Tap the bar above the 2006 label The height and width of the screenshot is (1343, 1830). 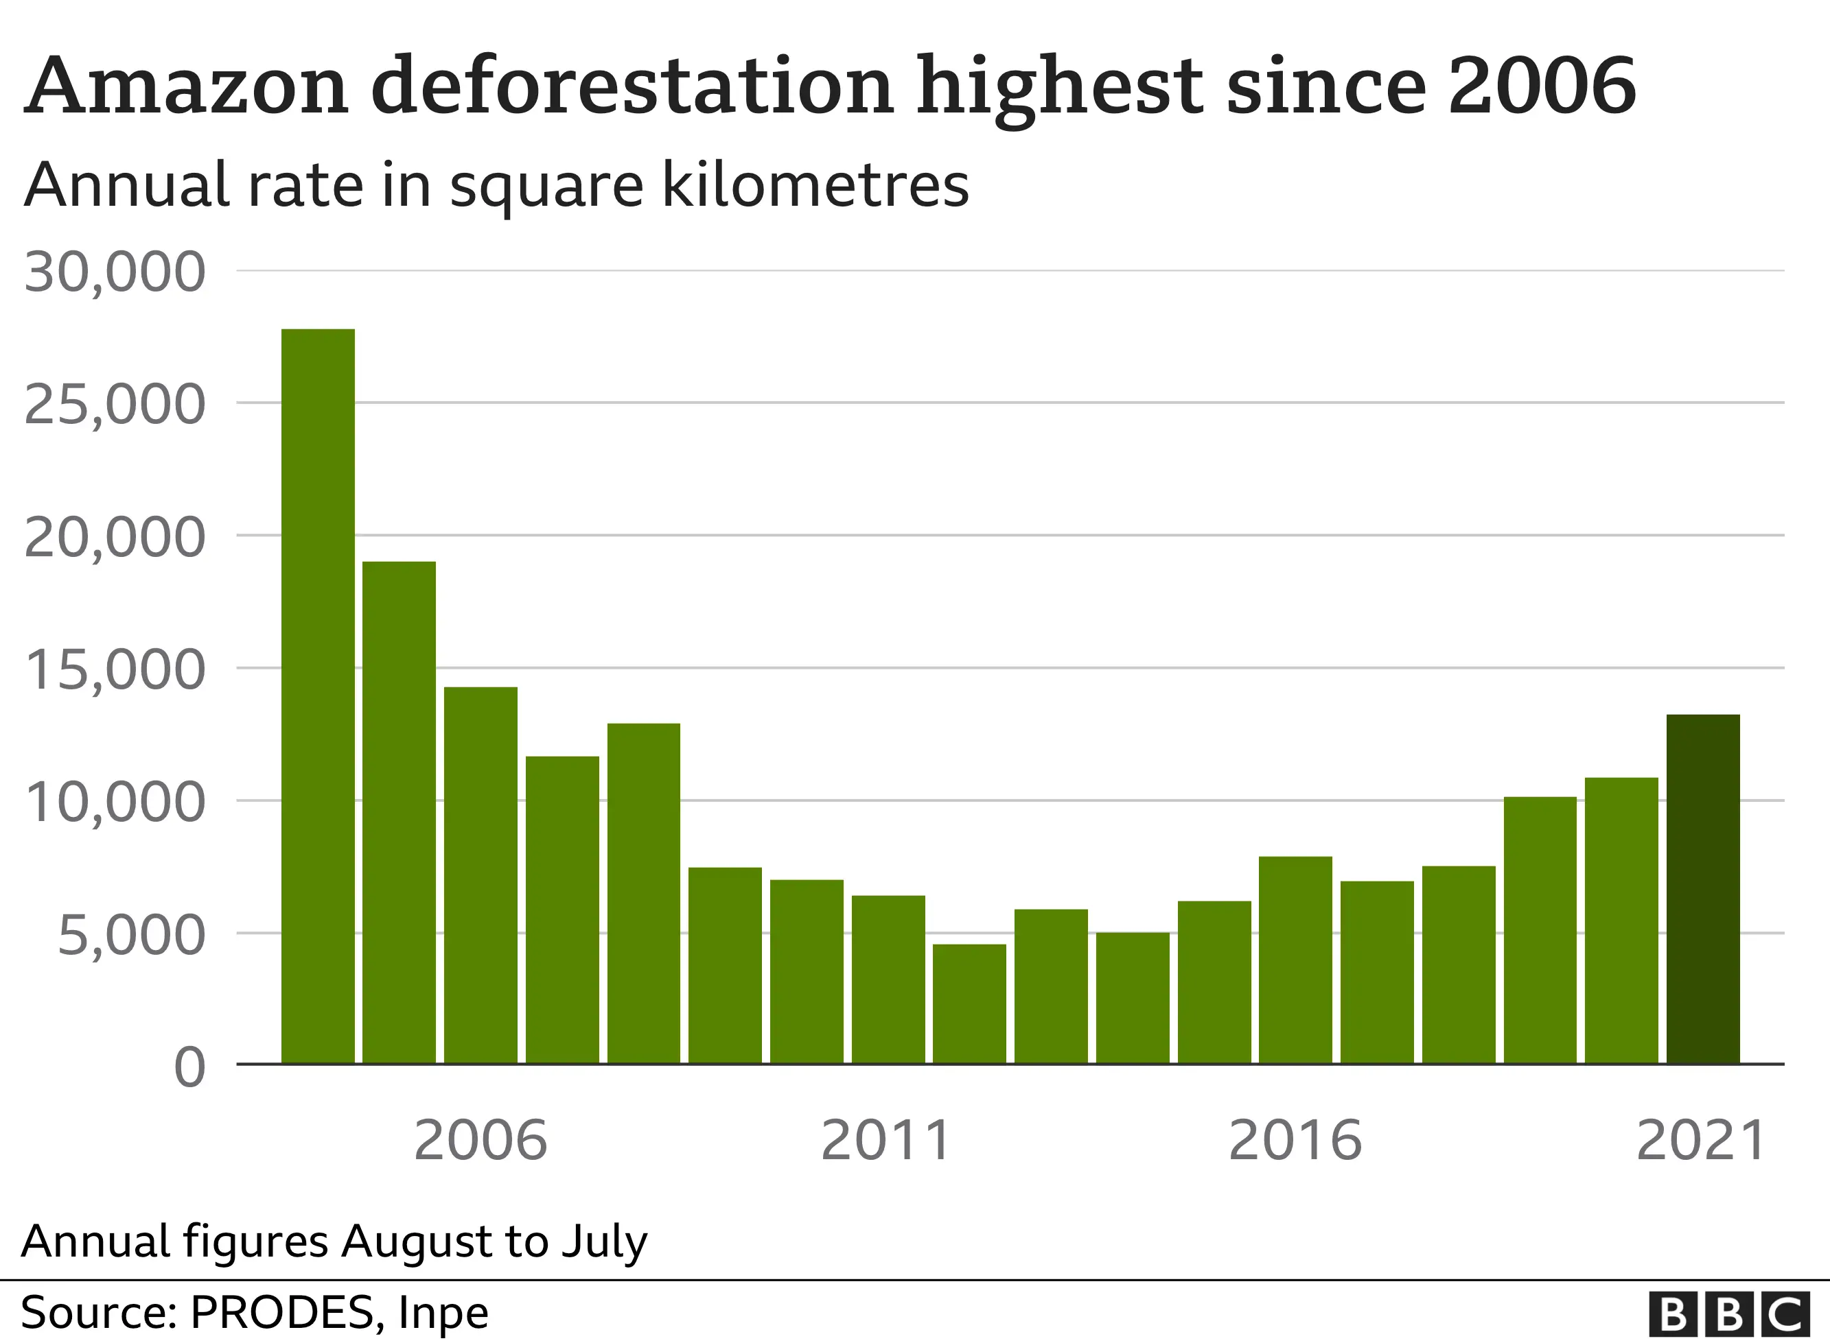(480, 875)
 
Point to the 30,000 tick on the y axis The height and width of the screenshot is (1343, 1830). (115, 272)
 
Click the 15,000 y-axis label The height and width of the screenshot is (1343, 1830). (115, 670)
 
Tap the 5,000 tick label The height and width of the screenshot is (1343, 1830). (131, 936)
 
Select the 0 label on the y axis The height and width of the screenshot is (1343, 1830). (189, 1067)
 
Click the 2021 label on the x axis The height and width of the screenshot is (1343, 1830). (1700, 1141)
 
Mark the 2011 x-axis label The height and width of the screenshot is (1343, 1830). (885, 1141)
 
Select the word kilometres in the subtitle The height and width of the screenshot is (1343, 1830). (815, 185)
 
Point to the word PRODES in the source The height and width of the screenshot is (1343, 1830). (281, 1313)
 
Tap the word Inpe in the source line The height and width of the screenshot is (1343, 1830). (443, 1313)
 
